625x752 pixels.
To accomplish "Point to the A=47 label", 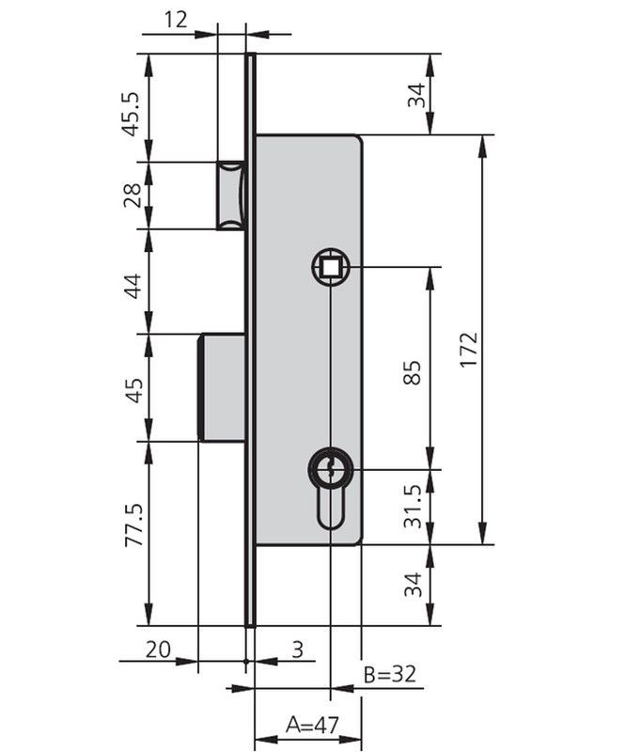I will point(311,726).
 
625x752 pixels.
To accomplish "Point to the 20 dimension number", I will point(158,649).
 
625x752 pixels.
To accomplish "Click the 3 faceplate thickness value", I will point(297,649).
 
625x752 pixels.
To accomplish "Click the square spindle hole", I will point(331,269).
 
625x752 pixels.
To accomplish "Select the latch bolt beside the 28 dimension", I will point(231,195).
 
